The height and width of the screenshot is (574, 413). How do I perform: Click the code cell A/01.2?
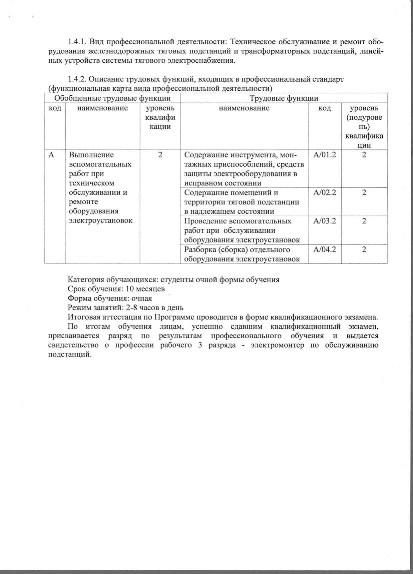[x=325, y=155]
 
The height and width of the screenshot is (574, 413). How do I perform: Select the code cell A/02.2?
[x=325, y=193]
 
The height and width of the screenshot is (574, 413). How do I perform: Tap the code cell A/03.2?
[x=325, y=221]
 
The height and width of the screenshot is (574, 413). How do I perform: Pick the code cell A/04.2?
[x=325, y=250]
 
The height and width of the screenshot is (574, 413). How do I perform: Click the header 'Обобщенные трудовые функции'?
[x=112, y=98]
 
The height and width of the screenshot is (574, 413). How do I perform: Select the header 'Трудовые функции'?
[x=284, y=98]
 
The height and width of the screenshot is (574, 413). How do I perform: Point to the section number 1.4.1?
[x=77, y=42]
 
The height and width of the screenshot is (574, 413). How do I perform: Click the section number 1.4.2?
[x=77, y=79]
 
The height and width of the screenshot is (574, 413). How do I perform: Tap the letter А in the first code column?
[x=51, y=155]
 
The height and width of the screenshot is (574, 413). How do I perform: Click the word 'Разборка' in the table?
[x=200, y=250]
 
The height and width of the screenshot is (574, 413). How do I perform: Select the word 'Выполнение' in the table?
[x=91, y=155]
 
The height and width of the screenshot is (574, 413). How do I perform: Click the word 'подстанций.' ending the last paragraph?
[x=70, y=355]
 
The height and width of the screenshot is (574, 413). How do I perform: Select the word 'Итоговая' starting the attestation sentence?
[x=82, y=317]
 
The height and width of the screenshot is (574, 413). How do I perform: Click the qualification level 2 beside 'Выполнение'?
[x=160, y=155]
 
